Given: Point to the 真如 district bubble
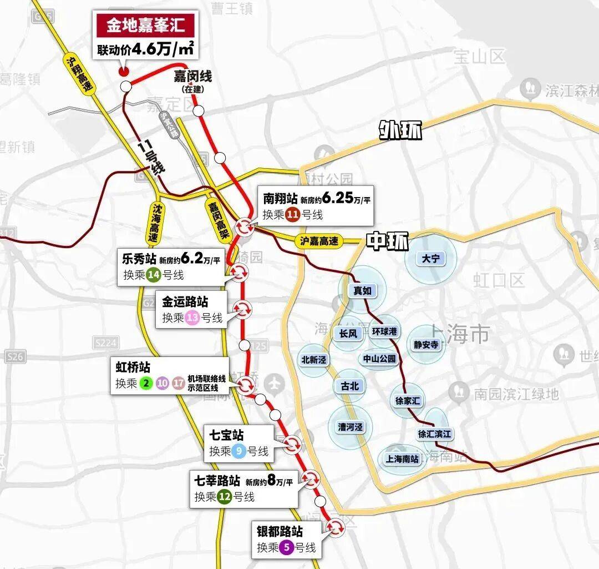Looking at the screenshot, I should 362,290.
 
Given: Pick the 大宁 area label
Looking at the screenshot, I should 430,259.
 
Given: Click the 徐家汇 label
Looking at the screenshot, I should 408,400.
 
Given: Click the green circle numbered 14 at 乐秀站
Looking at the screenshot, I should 154,275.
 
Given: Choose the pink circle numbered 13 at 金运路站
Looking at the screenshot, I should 192,318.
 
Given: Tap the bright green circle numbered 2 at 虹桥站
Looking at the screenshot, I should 146,383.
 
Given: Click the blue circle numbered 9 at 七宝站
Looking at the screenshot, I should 239,451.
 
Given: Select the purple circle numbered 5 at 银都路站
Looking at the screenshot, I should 286,547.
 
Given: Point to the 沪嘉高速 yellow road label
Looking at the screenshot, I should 318,241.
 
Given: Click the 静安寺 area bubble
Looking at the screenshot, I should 426,345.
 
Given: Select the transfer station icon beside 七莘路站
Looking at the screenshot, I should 311,479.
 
